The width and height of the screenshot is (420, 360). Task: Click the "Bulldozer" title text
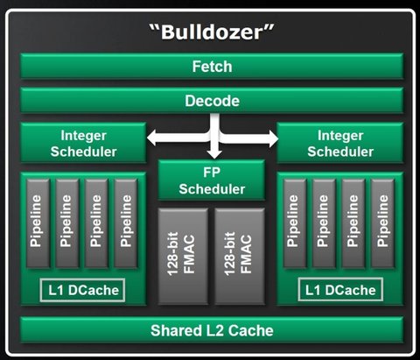pyautogui.click(x=212, y=32)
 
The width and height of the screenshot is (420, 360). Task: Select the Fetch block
pyautogui.click(x=212, y=67)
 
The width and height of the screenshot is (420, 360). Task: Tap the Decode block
pyautogui.click(x=212, y=101)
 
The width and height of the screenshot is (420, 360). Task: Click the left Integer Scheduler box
pyautogui.click(x=83, y=143)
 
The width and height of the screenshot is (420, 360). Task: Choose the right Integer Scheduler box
pyautogui.click(x=340, y=143)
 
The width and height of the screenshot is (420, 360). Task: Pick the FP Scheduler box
pyautogui.click(x=212, y=180)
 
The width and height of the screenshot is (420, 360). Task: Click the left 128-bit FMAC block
pyautogui.click(x=183, y=257)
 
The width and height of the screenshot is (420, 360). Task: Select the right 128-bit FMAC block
pyautogui.click(x=240, y=257)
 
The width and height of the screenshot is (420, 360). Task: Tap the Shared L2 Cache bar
pyautogui.click(x=212, y=330)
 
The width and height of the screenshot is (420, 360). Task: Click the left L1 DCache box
pyautogui.click(x=82, y=290)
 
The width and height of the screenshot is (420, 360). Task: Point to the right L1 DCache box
pyautogui.click(x=340, y=290)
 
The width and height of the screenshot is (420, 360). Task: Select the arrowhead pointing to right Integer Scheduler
pyautogui.click(x=272, y=138)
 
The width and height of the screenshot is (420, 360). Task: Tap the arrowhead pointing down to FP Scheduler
pyautogui.click(x=214, y=154)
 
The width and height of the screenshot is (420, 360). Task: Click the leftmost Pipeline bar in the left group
pyautogui.click(x=38, y=223)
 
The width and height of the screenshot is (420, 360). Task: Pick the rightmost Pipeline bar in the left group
pyautogui.click(x=126, y=223)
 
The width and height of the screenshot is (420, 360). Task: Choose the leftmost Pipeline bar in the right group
pyautogui.click(x=295, y=223)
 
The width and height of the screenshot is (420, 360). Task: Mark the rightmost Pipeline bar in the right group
pyautogui.click(x=382, y=223)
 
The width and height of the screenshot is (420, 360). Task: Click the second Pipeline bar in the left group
pyautogui.click(x=67, y=223)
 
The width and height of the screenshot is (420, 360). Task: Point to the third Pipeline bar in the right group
pyautogui.click(x=353, y=223)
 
